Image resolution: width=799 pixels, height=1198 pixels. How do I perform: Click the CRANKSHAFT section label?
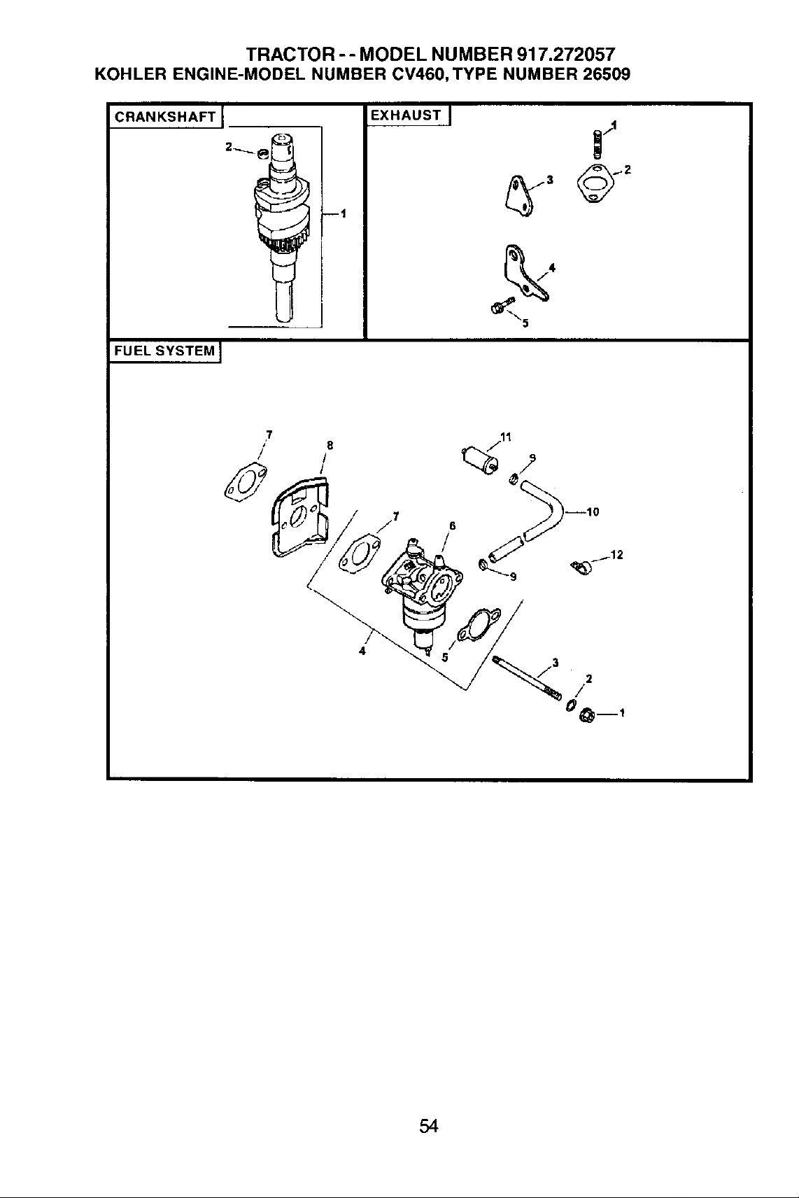coord(165,117)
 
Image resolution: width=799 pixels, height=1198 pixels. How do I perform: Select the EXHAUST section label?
coord(406,115)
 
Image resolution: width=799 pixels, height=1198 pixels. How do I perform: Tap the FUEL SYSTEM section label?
coord(164,351)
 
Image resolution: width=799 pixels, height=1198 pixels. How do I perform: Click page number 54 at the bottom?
coord(429,1126)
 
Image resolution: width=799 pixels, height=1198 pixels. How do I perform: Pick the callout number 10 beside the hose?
coord(593,512)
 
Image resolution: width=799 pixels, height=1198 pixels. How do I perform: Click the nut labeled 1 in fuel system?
coord(586,714)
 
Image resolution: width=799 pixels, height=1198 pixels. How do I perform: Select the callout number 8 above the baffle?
coord(330,445)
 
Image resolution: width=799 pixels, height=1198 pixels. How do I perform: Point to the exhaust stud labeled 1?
coord(598,143)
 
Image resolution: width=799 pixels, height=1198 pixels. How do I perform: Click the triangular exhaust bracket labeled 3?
coord(519,195)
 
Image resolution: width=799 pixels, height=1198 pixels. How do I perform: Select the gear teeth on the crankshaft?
coord(281,244)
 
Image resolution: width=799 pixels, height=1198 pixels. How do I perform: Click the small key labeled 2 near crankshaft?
coord(262,154)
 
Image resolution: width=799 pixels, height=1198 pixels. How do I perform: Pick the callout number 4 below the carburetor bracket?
coord(362,651)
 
